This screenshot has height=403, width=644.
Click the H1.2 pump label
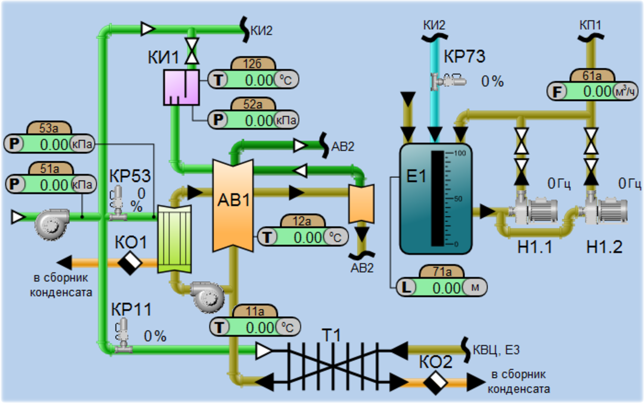click(x=604, y=247)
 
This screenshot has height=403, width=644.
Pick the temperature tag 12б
click(x=253, y=64)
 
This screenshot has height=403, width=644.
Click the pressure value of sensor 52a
click(x=259, y=120)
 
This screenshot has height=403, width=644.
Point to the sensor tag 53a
click(x=49, y=128)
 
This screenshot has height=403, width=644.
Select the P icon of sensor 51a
click(x=15, y=185)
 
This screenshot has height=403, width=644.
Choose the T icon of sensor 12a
click(x=267, y=237)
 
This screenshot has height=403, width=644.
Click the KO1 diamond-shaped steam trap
click(x=130, y=262)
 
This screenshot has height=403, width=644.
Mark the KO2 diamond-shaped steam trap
click(x=436, y=382)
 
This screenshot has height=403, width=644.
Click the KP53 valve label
click(x=130, y=177)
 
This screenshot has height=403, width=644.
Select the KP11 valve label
click(x=131, y=309)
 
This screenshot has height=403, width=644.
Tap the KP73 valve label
click(x=464, y=57)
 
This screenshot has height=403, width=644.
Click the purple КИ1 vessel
click(x=181, y=87)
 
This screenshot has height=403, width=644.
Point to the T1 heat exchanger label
click(x=332, y=335)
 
